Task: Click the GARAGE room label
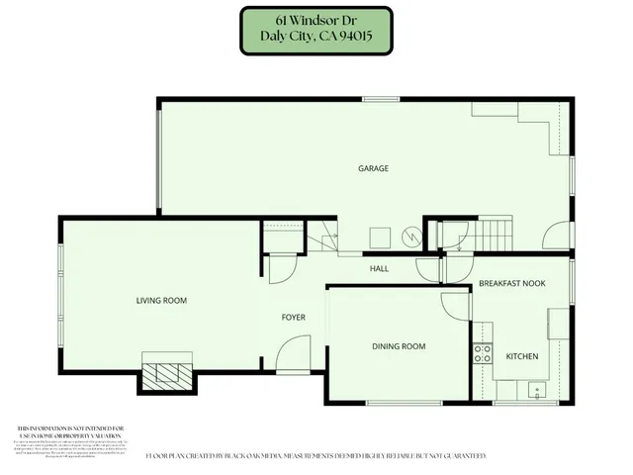[x=373, y=168]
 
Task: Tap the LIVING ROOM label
[x=161, y=301]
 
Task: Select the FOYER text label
[x=294, y=318]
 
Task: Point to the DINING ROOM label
[x=399, y=346]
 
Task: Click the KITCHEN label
[x=522, y=356]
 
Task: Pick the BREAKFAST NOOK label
[x=512, y=284]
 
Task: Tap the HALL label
[x=378, y=268]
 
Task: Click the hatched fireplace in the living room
[x=166, y=374]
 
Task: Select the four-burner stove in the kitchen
[x=483, y=354]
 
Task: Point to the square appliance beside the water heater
[x=379, y=237]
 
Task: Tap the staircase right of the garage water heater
[x=493, y=236]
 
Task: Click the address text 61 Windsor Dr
[x=316, y=22]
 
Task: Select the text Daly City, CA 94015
[x=316, y=39]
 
